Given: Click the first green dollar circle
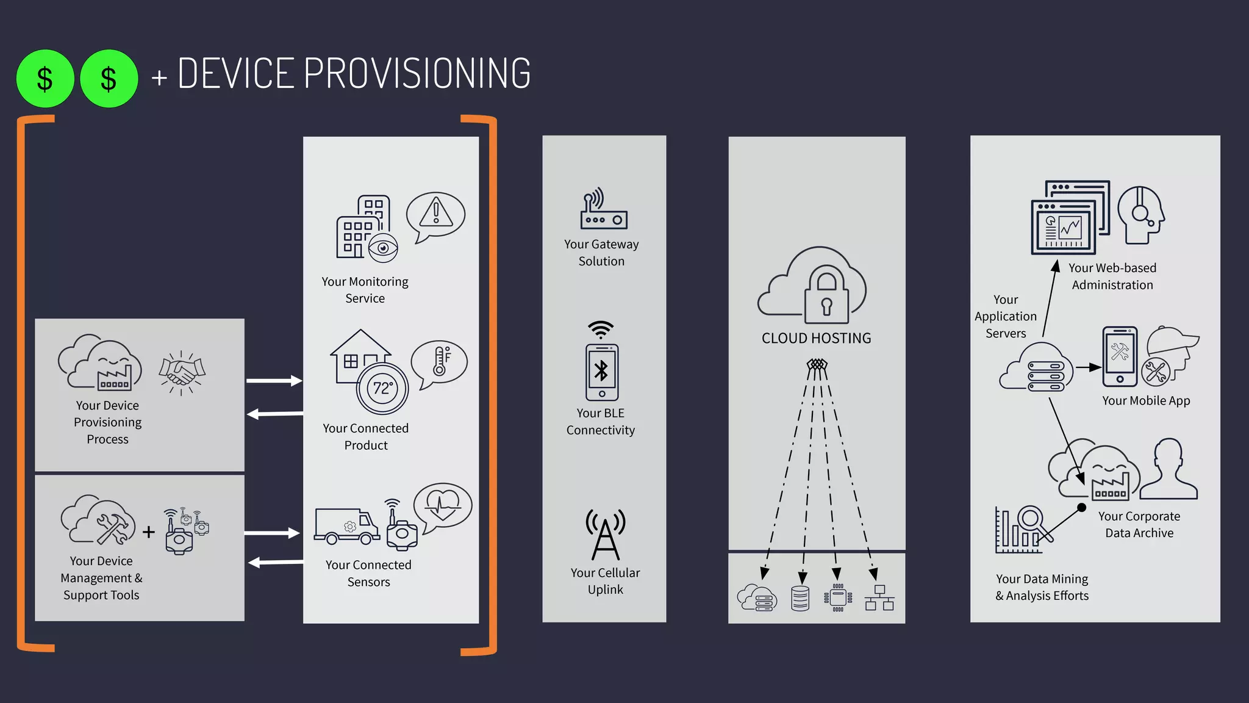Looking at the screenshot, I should tap(45, 79).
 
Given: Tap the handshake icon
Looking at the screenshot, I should tap(182, 372).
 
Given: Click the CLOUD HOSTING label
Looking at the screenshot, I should tap(816, 338).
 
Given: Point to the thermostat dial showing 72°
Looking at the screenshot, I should tap(382, 389).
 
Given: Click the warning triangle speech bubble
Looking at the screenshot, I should tap(435, 215).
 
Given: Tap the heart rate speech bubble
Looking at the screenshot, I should tap(443, 506).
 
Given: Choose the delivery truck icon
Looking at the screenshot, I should tap(346, 526).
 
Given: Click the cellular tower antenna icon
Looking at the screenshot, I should tap(605, 535).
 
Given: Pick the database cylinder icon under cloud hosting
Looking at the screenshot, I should tap(800, 598).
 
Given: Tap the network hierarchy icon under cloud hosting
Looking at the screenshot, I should tap(879, 598).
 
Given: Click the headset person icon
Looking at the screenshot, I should tap(1140, 215).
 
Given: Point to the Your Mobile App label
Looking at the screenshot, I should tap(1146, 401).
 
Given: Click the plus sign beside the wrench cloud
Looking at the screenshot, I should tap(149, 532).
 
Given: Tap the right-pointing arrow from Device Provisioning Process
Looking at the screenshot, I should tap(274, 381).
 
